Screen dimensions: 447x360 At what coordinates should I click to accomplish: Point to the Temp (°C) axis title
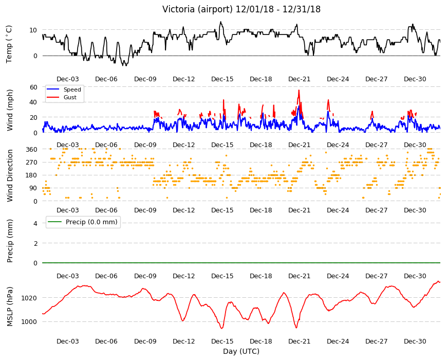click(x=9, y=44)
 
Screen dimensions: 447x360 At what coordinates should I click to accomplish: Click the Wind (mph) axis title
click(x=10, y=110)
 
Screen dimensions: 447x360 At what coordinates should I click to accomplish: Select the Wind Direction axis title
click(x=10, y=175)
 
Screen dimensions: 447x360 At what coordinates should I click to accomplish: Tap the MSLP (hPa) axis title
click(x=10, y=307)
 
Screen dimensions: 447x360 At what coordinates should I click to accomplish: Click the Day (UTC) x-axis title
click(x=241, y=351)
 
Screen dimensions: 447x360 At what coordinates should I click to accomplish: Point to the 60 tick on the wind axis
click(x=33, y=87)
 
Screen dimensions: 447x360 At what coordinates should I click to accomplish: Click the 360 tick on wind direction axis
click(x=32, y=149)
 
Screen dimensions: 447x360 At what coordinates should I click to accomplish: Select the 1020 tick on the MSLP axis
click(x=29, y=298)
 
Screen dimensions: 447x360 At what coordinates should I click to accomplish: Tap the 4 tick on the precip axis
click(x=35, y=223)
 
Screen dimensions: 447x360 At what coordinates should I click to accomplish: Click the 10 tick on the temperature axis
click(x=33, y=30)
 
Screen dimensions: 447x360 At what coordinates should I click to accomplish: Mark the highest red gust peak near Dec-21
click(x=299, y=90)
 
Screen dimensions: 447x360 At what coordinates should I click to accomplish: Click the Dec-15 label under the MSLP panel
click(x=222, y=341)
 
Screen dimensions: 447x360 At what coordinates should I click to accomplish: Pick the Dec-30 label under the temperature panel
click(x=415, y=79)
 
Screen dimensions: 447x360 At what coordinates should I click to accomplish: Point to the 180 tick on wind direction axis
click(x=32, y=175)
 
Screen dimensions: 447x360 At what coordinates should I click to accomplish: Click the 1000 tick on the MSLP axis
click(x=29, y=322)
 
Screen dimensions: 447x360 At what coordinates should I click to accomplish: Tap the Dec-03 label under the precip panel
click(x=67, y=276)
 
